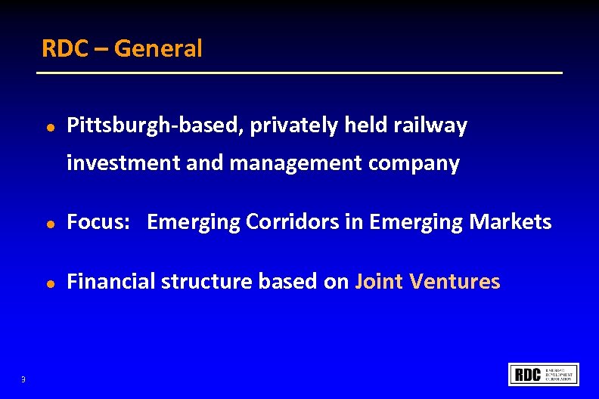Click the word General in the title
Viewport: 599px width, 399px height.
coord(159,49)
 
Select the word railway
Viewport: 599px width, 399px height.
coord(430,126)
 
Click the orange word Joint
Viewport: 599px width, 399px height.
coord(379,282)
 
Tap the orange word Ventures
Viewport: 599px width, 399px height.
coord(455,282)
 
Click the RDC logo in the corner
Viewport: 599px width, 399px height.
coord(544,374)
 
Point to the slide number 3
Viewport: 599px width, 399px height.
coord(23,379)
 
